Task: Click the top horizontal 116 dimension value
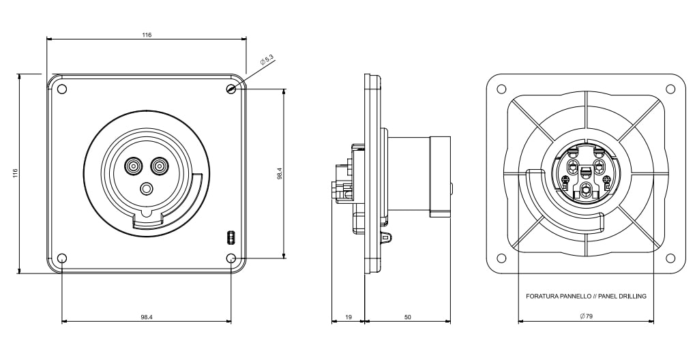[x=147, y=35]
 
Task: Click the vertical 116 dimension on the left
[x=15, y=174]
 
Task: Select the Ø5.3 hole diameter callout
[x=267, y=61]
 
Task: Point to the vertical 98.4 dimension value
[x=280, y=175]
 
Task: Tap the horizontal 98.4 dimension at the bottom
[x=146, y=317]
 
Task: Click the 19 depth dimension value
[x=348, y=317]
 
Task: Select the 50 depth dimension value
[x=407, y=317]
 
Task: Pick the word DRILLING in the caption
[x=632, y=297]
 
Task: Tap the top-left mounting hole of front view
[x=62, y=89]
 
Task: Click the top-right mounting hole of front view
[x=231, y=89]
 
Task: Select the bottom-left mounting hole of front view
[x=62, y=258]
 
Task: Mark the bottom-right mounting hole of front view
[x=231, y=258]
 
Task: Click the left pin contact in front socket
[x=132, y=165]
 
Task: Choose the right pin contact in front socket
[x=160, y=165]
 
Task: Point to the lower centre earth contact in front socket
[x=146, y=189]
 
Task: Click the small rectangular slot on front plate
[x=230, y=237]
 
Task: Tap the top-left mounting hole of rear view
[x=501, y=89]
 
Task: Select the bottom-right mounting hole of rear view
[x=670, y=258]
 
